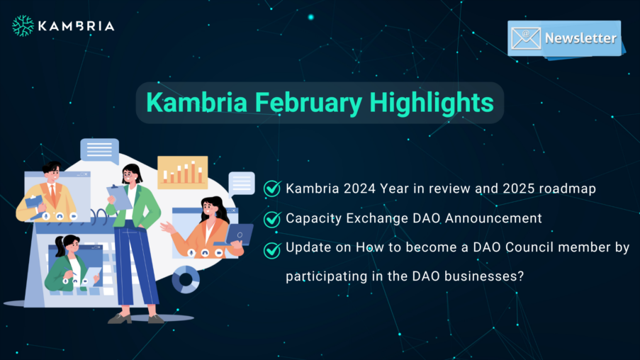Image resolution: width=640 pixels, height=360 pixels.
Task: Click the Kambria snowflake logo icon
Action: pyautogui.click(x=23, y=26)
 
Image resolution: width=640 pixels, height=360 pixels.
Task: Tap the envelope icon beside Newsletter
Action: pyautogui.click(x=526, y=38)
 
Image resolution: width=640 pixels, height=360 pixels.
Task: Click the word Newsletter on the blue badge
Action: pyautogui.click(x=580, y=38)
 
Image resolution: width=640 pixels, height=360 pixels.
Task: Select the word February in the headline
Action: pyautogui.click(x=308, y=103)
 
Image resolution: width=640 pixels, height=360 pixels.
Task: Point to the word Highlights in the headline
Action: pyautogui.click(x=432, y=102)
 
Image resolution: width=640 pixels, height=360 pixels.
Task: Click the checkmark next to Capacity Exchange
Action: pyautogui.click(x=272, y=219)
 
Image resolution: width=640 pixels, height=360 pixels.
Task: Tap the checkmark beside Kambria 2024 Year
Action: pyautogui.click(x=272, y=189)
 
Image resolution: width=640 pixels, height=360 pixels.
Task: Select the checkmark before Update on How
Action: pyautogui.click(x=272, y=249)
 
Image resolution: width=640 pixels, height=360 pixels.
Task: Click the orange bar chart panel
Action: pyautogui.click(x=182, y=171)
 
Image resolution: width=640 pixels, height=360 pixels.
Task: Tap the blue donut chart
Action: pyautogui.click(x=186, y=280)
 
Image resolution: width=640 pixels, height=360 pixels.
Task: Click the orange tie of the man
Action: pyautogui.click(x=52, y=194)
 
